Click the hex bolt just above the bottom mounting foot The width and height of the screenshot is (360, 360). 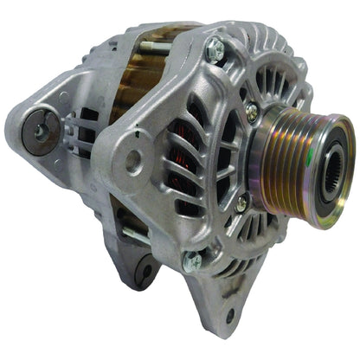coord(192,259)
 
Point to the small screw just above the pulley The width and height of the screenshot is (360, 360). coord(251,111)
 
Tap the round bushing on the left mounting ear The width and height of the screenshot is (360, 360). coord(40,131)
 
